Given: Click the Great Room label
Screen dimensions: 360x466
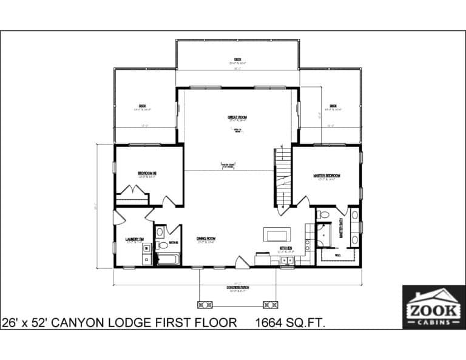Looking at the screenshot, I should pos(238,117).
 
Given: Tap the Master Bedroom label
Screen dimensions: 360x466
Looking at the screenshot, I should pos(326,175).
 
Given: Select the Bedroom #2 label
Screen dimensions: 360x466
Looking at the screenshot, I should pos(147,174).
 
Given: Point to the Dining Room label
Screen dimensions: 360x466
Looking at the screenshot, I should pos(206,239).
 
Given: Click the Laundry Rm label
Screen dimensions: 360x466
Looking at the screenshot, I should pos(134,239).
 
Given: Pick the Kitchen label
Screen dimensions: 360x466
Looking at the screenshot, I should pos(285,248).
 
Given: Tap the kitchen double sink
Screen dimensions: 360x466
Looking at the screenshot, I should pos(287,261).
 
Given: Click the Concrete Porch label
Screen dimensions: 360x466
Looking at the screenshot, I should pos(237,288).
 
